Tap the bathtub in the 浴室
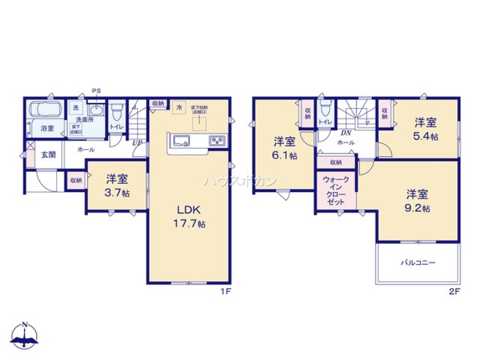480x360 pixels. (44, 109)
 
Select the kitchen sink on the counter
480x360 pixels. (182, 140)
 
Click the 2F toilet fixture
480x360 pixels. (325, 109)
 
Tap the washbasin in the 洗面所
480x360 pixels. (97, 110)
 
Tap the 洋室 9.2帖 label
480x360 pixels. (418, 201)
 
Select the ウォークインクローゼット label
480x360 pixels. (335, 191)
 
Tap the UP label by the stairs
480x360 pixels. (137, 143)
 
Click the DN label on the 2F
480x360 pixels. (345, 133)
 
